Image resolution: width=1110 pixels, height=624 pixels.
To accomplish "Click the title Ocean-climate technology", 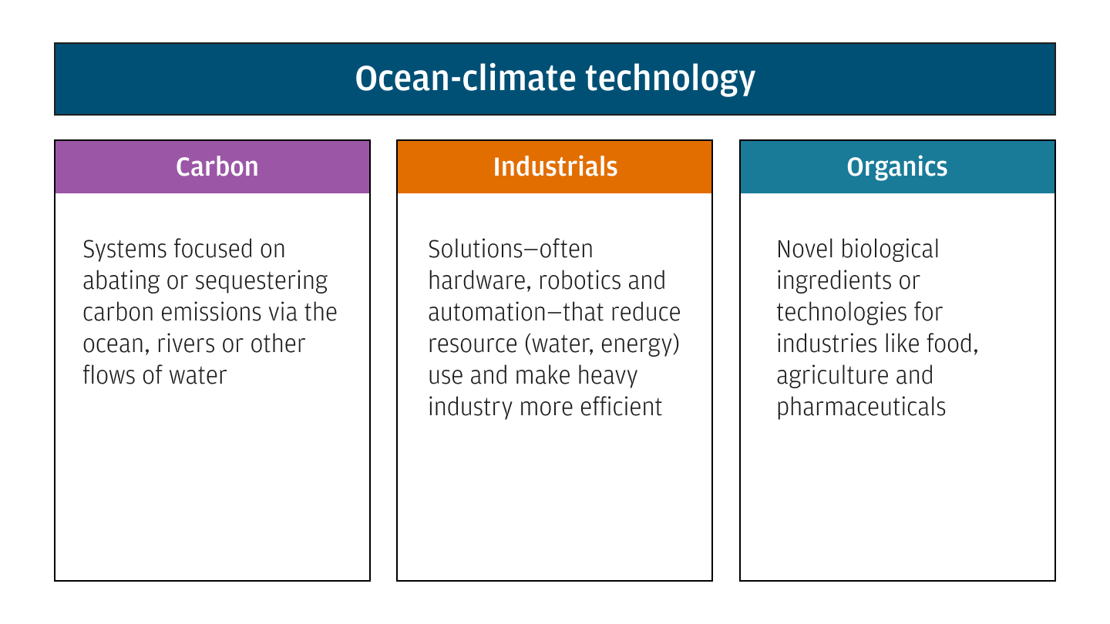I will tap(554, 79).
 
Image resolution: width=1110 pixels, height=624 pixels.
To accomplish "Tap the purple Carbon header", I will tap(217, 166).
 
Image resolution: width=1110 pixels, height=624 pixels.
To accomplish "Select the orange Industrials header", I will tap(555, 166).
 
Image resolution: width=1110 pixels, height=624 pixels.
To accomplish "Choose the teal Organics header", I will tap(896, 166).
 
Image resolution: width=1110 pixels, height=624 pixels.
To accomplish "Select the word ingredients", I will tap(827, 281).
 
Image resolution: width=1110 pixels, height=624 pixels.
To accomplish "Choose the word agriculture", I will tap(821, 375).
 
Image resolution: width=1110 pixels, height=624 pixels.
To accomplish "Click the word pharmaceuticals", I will tap(860, 406).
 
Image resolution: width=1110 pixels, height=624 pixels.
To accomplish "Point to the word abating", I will tap(121, 281).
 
